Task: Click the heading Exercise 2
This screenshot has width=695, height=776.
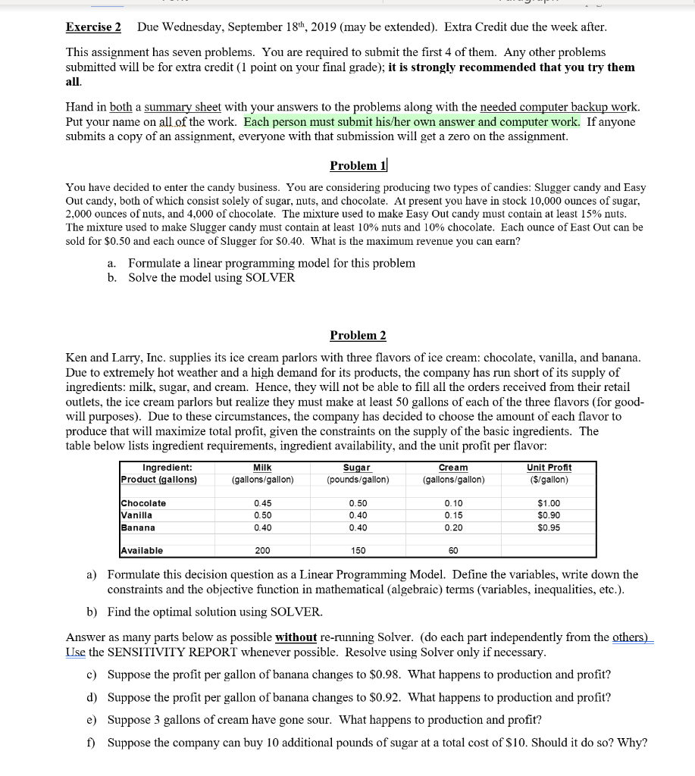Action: pos(93,27)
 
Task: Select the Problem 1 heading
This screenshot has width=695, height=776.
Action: pos(358,165)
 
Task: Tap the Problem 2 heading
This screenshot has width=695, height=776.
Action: pos(358,335)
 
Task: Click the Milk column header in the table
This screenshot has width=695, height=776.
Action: pos(262,468)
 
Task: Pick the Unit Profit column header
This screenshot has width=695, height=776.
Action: pos(549,468)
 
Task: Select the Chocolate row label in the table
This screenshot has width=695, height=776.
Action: pos(144,503)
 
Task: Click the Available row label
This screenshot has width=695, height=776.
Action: pos(142,550)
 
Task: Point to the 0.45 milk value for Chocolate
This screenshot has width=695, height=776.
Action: pos(262,503)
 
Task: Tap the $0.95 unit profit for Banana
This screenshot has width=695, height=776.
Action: pos(549,527)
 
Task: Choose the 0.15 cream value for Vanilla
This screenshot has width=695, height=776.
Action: pos(453,515)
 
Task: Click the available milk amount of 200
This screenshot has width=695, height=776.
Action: pos(262,550)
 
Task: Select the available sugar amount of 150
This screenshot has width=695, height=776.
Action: pos(358,550)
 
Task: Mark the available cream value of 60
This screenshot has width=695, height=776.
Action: pos(453,550)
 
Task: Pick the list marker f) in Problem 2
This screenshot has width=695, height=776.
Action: pos(91,743)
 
